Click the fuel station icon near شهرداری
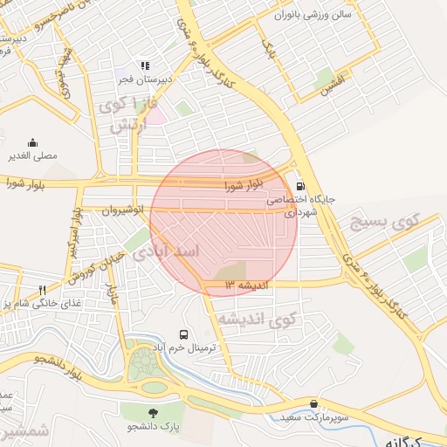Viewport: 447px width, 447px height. tap(301, 186)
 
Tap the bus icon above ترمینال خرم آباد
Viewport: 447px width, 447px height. tap(183, 334)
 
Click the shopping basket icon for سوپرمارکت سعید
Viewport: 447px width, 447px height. tap(313, 404)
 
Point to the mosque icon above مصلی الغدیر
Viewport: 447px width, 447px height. tap(33, 142)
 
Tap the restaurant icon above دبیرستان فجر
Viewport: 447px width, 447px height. tap(145, 65)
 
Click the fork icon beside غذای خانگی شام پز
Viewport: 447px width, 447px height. tap(41, 289)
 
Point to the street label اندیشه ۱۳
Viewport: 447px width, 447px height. tap(249, 285)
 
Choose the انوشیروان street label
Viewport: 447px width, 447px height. tap(117, 210)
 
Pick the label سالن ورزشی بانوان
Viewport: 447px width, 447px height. tap(310, 15)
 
